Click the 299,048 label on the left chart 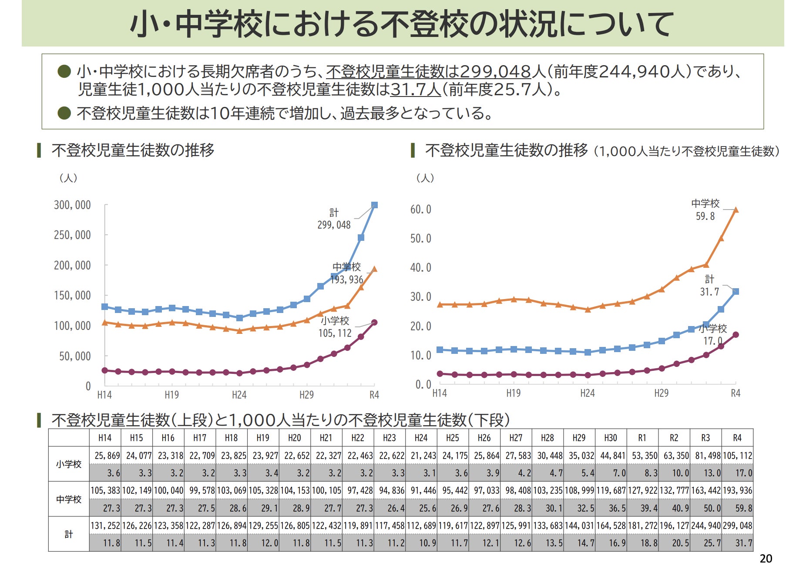click(334, 225)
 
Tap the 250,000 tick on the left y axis click(72, 235)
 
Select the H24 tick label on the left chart click(239, 395)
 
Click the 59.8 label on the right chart click(705, 216)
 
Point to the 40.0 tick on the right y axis click(420, 267)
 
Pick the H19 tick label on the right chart click(513, 393)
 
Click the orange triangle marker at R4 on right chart click(736, 210)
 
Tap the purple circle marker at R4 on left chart click(374, 323)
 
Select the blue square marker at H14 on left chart click(104, 306)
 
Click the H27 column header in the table click(516, 438)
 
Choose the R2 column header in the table click(674, 438)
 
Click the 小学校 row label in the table click(69, 464)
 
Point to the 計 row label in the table click(69, 534)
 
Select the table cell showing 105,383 click(105, 490)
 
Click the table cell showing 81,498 click(705, 456)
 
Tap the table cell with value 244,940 click(705, 526)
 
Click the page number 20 click(766, 559)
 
